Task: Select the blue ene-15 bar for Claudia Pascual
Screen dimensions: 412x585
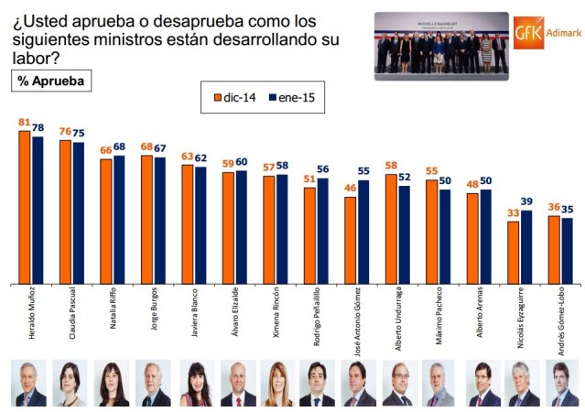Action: pyautogui.click(x=78, y=213)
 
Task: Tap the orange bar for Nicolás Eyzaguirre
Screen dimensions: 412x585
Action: pyautogui.click(x=514, y=253)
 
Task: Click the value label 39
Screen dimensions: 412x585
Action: pyautogui.click(x=527, y=203)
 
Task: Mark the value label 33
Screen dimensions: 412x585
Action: pyautogui.click(x=513, y=214)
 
